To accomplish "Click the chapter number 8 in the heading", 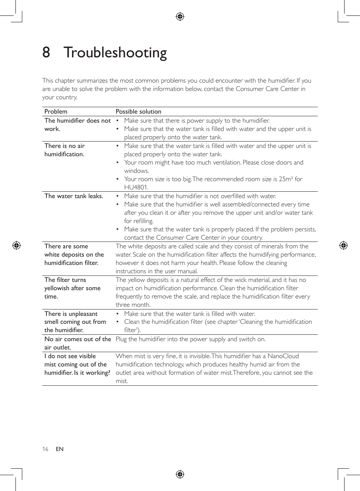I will (x=46, y=52).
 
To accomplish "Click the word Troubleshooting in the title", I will (x=115, y=52).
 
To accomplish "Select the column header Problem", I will (x=56, y=111).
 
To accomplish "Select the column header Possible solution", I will (x=138, y=111).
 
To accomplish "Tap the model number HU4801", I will (x=136, y=187).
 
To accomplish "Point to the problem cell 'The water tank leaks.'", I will (x=74, y=196).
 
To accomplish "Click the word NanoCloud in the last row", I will (x=283, y=356).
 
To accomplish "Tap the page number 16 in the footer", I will (x=45, y=449).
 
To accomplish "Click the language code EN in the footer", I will (x=60, y=449).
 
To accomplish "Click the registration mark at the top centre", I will (x=180, y=17).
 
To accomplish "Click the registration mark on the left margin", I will (x=16, y=246).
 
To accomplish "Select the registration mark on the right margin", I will (x=343, y=246).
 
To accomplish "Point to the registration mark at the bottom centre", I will (x=180, y=474).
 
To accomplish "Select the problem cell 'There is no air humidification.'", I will (x=65, y=150).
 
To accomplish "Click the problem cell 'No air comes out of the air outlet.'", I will (x=77, y=343).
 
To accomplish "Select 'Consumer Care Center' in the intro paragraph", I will (x=267, y=89).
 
